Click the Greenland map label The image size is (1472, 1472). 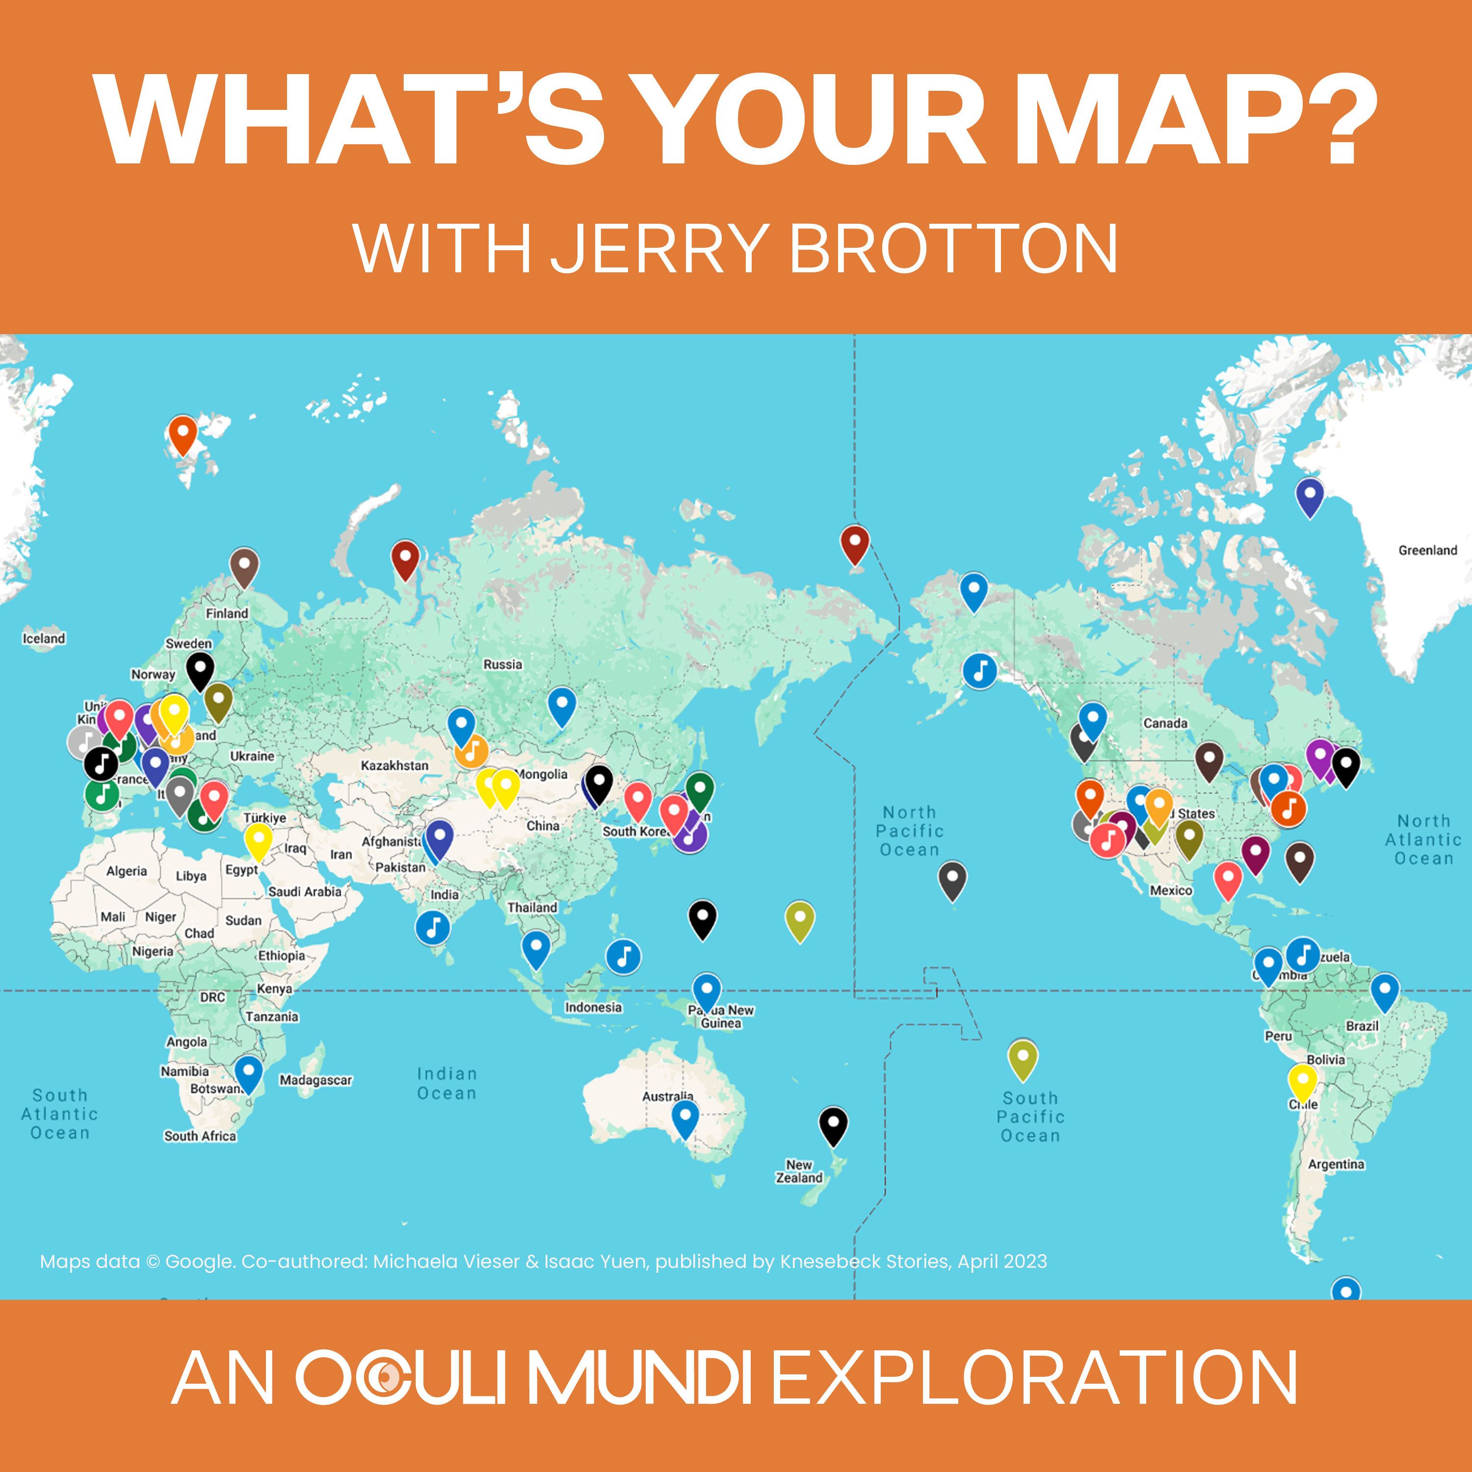(x=1427, y=550)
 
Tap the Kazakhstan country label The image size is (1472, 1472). (x=394, y=765)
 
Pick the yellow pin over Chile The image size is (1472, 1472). (x=1302, y=1082)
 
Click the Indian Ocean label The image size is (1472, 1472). (x=447, y=1083)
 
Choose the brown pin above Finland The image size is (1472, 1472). (x=244, y=566)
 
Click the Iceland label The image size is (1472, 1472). (x=44, y=638)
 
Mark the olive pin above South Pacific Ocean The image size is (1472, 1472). (x=1023, y=1057)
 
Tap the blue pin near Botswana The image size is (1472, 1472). (x=248, y=1073)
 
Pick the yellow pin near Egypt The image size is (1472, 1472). (x=258, y=841)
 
